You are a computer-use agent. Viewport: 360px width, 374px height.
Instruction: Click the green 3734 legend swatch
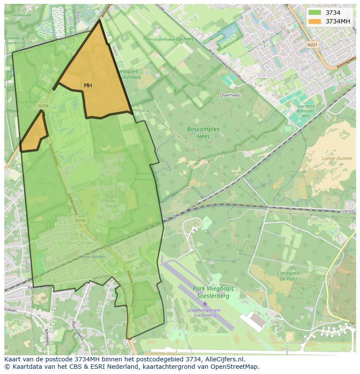click(x=315, y=13)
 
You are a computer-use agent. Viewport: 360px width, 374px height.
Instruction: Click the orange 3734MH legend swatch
click(x=315, y=21)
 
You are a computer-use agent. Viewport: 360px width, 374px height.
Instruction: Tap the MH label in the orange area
click(x=88, y=86)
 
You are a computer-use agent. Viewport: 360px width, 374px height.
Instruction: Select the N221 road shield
click(x=312, y=45)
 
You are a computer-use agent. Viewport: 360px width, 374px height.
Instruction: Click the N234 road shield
click(x=43, y=106)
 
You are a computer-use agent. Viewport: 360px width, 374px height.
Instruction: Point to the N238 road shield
click(x=80, y=221)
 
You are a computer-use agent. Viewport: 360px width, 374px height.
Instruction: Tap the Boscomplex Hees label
click(x=203, y=132)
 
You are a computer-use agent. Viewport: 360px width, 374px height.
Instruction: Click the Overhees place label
click(x=230, y=95)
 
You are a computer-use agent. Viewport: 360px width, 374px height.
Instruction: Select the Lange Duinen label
click(x=337, y=159)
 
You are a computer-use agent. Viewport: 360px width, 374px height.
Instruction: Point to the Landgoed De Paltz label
click(x=288, y=276)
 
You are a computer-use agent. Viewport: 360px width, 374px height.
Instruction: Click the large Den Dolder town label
click(x=79, y=243)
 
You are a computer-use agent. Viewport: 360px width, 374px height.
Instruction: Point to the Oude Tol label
click(x=43, y=183)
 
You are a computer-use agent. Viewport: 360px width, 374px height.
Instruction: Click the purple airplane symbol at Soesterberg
click(x=205, y=303)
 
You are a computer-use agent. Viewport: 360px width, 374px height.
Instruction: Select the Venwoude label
click(x=22, y=15)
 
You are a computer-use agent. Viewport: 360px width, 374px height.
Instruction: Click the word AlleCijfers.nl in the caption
click(x=223, y=359)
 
